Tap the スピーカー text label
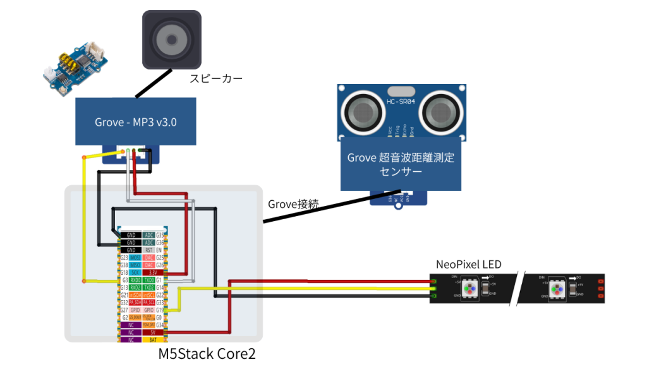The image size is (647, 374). point(216,78)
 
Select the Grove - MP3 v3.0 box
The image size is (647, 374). point(136,121)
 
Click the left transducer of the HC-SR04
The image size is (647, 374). point(363,112)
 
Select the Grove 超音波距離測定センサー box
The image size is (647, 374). point(401,164)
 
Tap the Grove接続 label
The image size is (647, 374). point(293,203)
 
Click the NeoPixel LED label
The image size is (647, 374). point(469,263)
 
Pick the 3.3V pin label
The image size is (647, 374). point(149,272)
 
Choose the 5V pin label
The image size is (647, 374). point(149,332)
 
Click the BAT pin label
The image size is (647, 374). point(149,340)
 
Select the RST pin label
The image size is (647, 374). point(149,250)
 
